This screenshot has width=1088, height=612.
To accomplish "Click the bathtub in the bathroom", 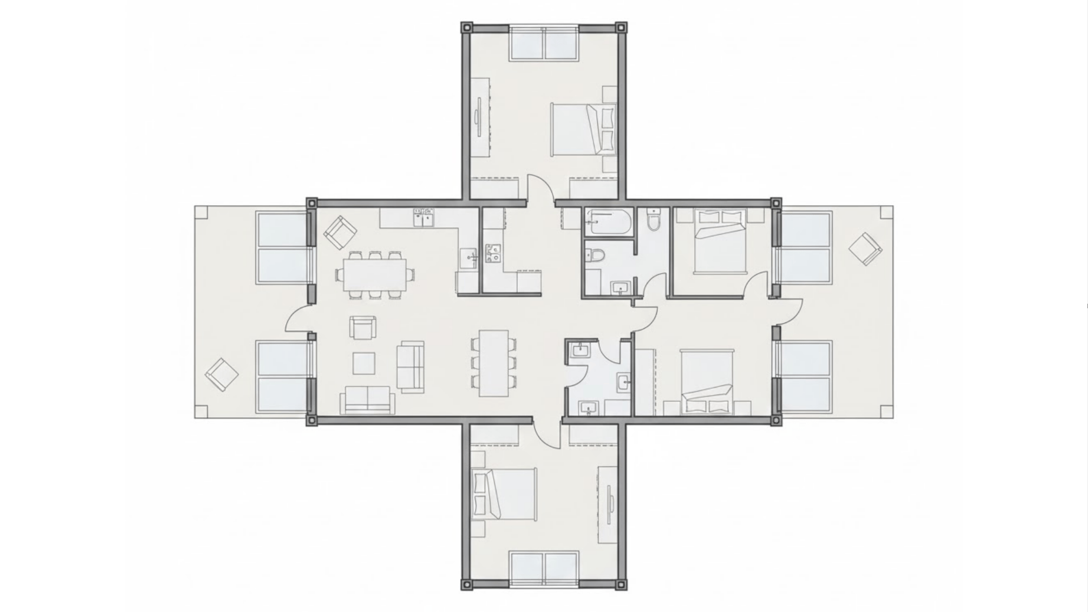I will point(608,222).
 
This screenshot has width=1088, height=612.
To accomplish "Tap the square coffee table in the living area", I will point(364,363).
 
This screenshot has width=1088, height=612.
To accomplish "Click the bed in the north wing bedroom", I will point(583,129).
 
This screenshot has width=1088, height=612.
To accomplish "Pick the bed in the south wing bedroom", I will point(504,495).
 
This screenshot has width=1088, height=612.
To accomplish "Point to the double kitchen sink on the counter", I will point(423,217).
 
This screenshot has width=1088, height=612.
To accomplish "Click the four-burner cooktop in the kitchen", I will point(492,253).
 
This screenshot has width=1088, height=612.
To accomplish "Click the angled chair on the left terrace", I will point(222,375).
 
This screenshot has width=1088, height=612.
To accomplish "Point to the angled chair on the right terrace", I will point(865,249).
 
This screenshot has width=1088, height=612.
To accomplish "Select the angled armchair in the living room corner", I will point(340,232).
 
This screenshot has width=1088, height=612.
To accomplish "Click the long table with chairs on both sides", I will point(494,363).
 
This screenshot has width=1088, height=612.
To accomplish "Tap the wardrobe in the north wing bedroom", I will point(481,117).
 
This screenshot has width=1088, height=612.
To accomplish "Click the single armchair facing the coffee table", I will point(363,328).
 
